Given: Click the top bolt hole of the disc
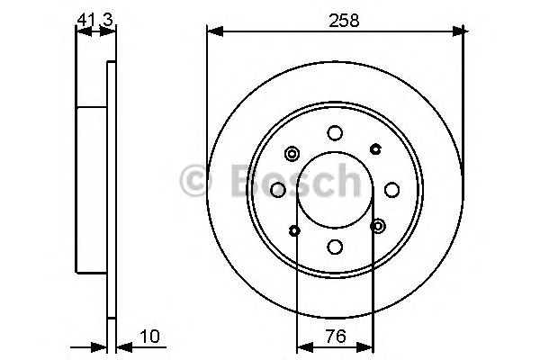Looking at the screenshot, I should tap(335, 133).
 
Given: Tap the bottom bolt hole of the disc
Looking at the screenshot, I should tap(335, 247).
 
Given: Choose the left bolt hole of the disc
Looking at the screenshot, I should tap(278, 190).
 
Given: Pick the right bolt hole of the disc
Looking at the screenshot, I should tap(392, 190).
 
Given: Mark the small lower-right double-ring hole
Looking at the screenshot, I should tap(378, 226).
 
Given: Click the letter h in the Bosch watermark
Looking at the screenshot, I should tap(344, 181).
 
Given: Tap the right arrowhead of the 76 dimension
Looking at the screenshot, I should tap(369, 345).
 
